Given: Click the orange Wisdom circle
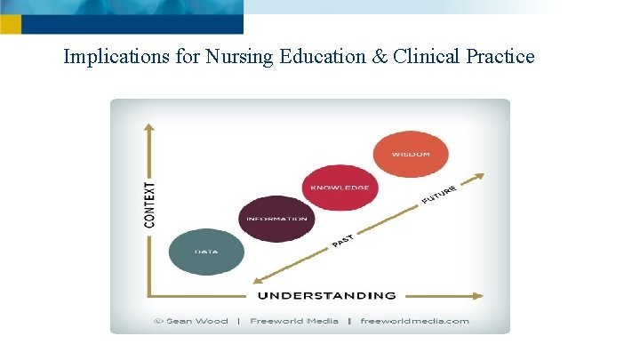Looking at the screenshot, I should click(409, 154).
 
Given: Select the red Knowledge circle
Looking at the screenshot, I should click(339, 188).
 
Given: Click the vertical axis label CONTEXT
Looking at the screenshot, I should click(149, 204).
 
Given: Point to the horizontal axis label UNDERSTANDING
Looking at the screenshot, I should click(326, 295).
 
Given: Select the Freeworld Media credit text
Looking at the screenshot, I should click(294, 321).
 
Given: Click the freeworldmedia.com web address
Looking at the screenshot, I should click(414, 321).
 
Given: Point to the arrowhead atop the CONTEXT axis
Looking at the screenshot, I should click(148, 129).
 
